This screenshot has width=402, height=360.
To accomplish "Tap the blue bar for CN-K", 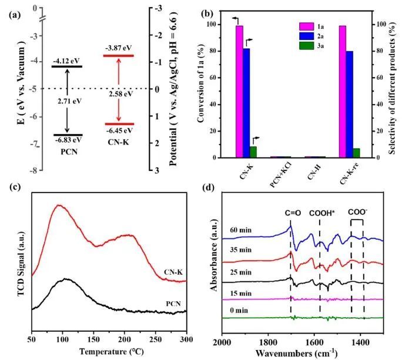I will coord(246,103).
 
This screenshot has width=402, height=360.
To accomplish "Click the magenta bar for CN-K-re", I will coord(342,92).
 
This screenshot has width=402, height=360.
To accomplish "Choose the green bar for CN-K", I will coord(253,152).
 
